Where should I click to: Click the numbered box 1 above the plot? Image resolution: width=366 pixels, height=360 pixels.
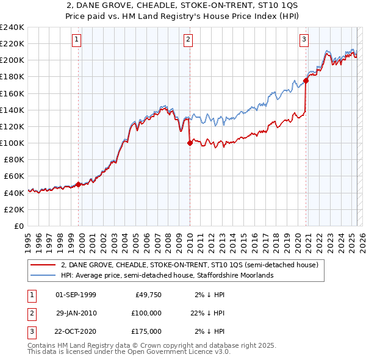coord(77,40)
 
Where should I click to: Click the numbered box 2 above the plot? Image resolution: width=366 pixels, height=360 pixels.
coord(188,40)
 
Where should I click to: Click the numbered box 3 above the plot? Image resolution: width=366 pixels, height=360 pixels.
coord(304,40)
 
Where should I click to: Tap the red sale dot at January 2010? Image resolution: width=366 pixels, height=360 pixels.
coord(190,143)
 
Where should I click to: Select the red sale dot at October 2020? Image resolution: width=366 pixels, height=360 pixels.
coord(306,81)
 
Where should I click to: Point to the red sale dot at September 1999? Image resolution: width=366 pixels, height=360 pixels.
coord(79,184)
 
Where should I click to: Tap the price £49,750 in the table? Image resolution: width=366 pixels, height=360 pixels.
coord(148,295)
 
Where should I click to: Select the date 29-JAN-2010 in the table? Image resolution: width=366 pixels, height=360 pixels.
coord(76,313)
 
